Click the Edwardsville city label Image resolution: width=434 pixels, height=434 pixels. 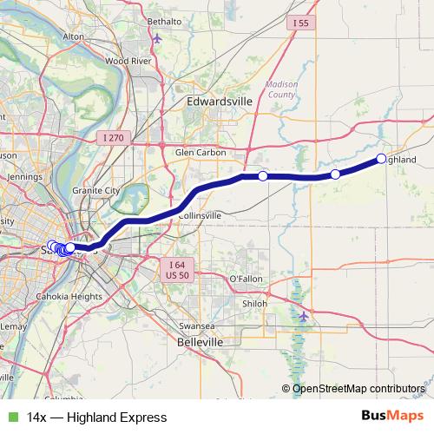[219, 102]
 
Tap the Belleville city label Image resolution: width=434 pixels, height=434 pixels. [201, 343]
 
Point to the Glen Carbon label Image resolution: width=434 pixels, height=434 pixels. [201, 152]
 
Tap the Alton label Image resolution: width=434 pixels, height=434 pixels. [74, 36]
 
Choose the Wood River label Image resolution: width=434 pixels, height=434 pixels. [128, 62]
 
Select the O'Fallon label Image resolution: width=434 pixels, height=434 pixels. [245, 278]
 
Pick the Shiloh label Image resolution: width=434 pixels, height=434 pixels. [254, 304]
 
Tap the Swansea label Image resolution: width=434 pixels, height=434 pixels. [195, 325]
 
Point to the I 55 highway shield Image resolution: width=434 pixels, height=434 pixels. [300, 23]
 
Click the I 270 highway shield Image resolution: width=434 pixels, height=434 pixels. [114, 137]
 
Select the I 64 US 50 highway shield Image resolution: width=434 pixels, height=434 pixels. [178, 269]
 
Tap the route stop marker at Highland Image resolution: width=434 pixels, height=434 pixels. [381, 158]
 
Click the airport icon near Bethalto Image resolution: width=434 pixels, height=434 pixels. [156, 38]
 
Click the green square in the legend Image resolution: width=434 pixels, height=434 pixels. [11, 417]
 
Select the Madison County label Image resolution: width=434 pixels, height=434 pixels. [280, 89]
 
